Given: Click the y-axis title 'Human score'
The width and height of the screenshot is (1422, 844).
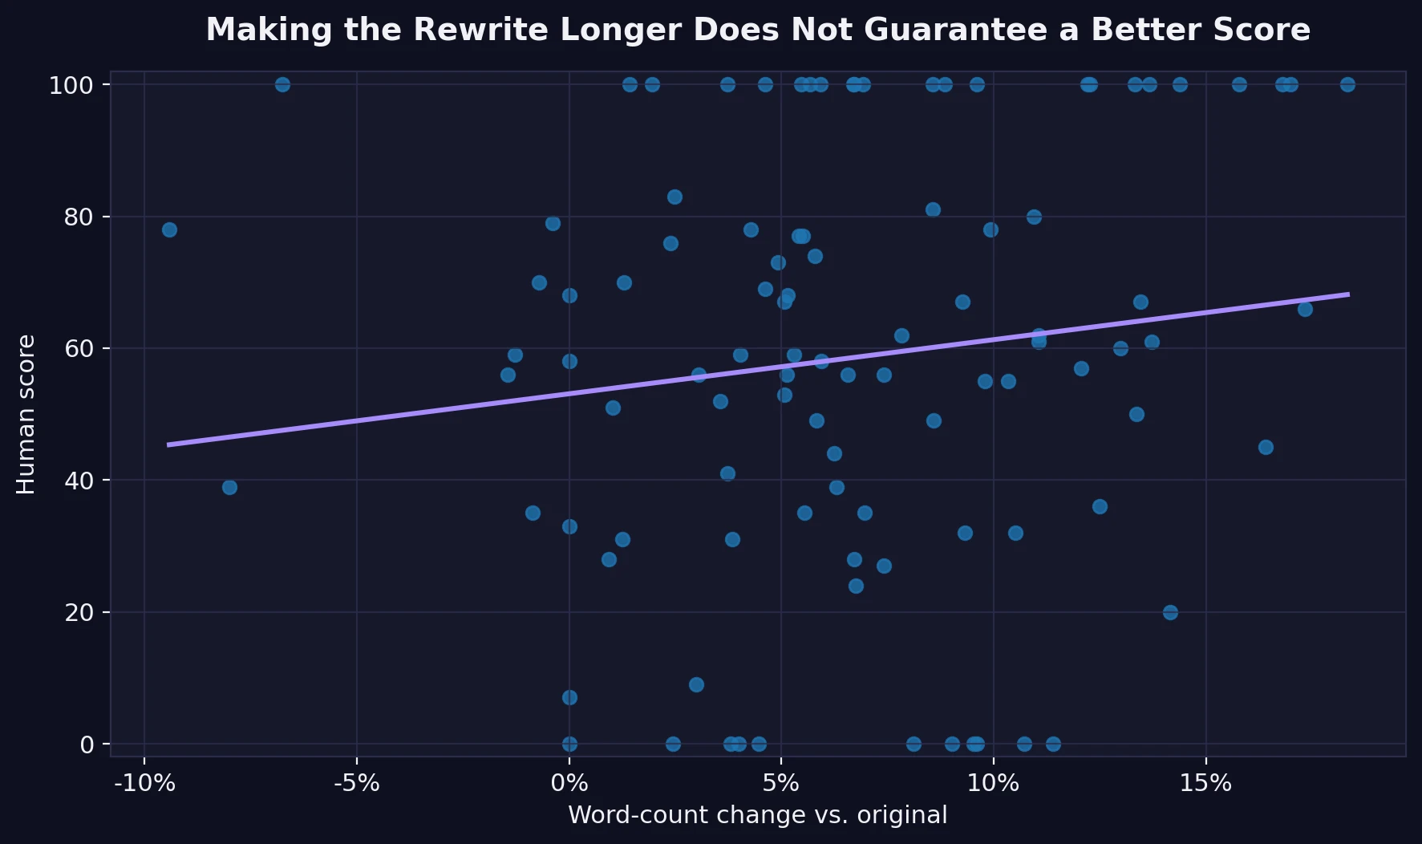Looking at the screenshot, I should tap(26, 414).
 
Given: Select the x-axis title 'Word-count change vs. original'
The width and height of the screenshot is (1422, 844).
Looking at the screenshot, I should tap(757, 815).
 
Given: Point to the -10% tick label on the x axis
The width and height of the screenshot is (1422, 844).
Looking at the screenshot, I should tap(144, 784).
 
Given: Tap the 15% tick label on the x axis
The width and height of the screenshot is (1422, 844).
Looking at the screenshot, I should tap(1205, 784).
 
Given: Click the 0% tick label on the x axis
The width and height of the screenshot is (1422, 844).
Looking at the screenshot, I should tap(569, 784).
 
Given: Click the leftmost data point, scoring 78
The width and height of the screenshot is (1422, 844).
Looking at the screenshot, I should tap(169, 230).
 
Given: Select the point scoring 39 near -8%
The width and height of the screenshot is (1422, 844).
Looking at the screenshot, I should tap(229, 487).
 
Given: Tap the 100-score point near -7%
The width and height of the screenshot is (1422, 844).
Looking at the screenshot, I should tap(282, 84).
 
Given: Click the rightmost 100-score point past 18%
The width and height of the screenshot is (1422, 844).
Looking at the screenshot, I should tap(1347, 84).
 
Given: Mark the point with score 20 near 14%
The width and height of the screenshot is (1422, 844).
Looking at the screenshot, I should tap(1170, 612).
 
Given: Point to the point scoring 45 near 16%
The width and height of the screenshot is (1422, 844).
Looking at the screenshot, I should tap(1266, 447).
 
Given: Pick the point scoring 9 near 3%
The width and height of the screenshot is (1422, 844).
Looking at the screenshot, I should tap(696, 684).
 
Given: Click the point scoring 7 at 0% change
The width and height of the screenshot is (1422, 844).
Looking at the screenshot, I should tap(569, 697).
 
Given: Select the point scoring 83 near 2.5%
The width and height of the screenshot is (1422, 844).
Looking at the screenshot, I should tap(675, 197).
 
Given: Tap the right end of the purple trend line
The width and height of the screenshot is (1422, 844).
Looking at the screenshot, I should tap(1348, 294).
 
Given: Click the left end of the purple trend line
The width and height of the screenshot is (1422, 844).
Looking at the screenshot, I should tap(168, 444).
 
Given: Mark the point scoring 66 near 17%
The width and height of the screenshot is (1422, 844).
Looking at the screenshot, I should tap(1305, 309).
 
